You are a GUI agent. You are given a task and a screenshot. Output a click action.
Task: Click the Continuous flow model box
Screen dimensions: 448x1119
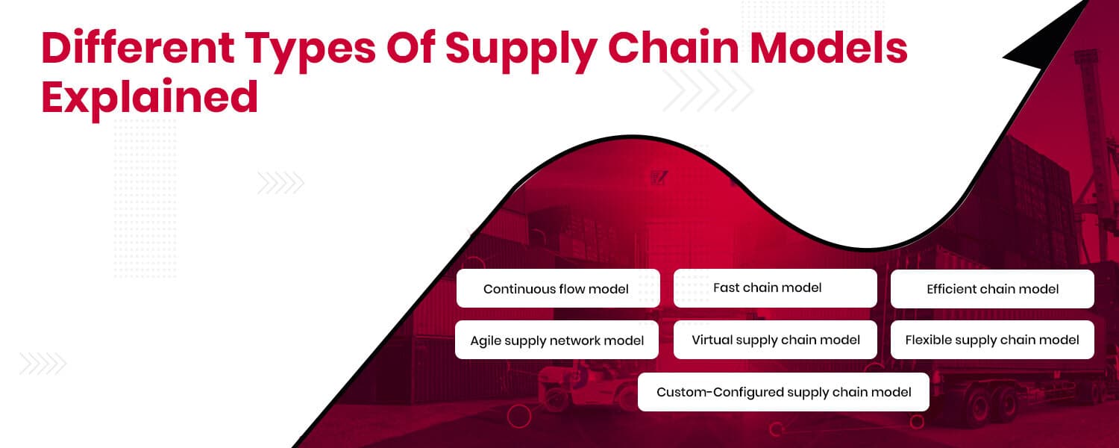[x=558, y=289]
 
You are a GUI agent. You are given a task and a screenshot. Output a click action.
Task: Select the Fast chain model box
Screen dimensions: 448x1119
[x=775, y=288]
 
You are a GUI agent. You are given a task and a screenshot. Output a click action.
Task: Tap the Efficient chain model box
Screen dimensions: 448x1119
[x=992, y=289]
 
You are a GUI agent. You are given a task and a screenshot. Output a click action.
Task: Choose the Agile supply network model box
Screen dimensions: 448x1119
[x=557, y=340]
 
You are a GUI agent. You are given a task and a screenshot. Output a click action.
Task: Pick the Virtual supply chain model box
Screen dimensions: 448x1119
[x=775, y=340]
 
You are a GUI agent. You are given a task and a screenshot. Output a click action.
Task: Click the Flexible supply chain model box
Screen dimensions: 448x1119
[x=992, y=340]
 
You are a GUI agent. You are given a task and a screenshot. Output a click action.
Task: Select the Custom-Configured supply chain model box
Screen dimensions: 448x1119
[x=783, y=392]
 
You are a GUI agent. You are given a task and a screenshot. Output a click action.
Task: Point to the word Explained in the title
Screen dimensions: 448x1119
[x=150, y=98]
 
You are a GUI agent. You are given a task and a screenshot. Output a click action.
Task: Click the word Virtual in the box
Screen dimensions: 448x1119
[x=711, y=340]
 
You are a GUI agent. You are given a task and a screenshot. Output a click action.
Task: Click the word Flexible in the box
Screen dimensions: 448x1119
[x=928, y=340]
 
